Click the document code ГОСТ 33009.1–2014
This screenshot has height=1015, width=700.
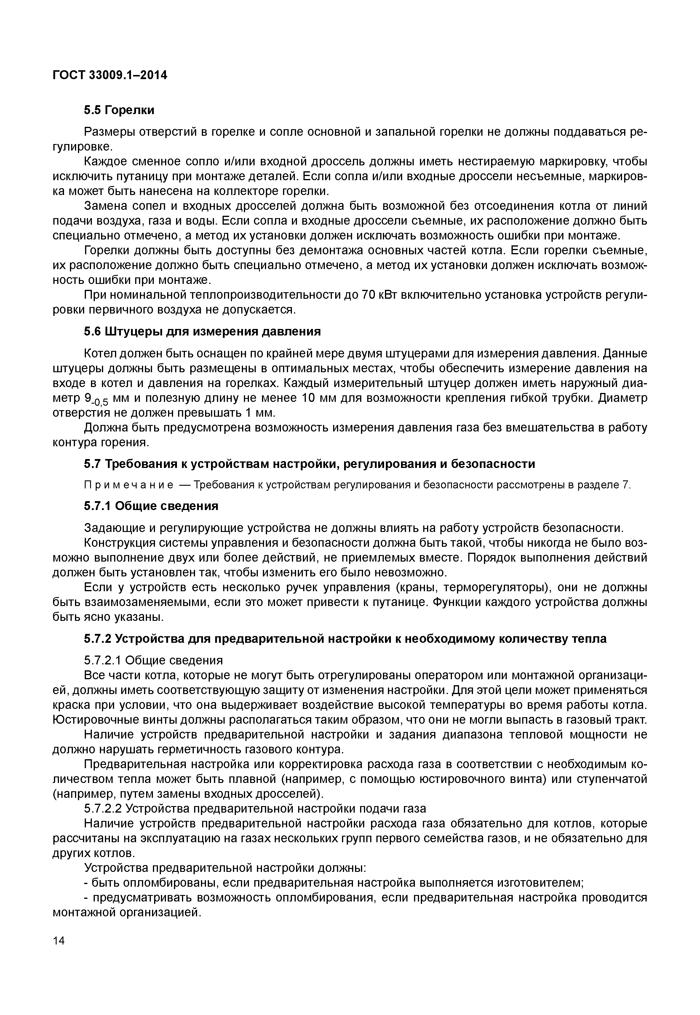point(110,76)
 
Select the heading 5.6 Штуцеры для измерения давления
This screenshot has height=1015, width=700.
point(202,332)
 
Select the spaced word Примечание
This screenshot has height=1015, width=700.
point(128,485)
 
